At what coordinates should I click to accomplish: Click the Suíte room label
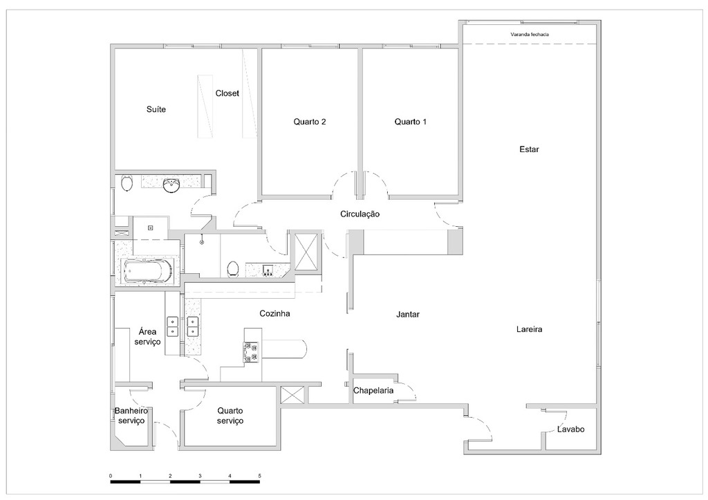click(156, 109)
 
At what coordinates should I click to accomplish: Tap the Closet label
click(227, 93)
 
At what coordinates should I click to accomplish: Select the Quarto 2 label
click(310, 122)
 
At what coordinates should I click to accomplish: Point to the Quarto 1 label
click(411, 122)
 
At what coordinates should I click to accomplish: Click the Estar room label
click(529, 149)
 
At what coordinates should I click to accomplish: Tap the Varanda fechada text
click(530, 34)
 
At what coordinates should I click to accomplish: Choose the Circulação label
click(360, 214)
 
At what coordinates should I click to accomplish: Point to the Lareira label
click(529, 330)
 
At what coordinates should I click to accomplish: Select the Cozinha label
click(274, 313)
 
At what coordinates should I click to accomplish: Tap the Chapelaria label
click(373, 391)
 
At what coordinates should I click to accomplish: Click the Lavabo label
click(571, 429)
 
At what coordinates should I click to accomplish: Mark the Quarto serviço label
click(230, 416)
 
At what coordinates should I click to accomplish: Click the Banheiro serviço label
click(131, 416)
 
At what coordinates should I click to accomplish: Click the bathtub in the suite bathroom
click(147, 271)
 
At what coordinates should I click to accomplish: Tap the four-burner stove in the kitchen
click(250, 353)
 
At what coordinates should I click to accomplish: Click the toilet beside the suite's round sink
click(127, 184)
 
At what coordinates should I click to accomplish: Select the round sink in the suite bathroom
click(171, 185)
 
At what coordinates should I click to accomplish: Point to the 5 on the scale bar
click(259, 476)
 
